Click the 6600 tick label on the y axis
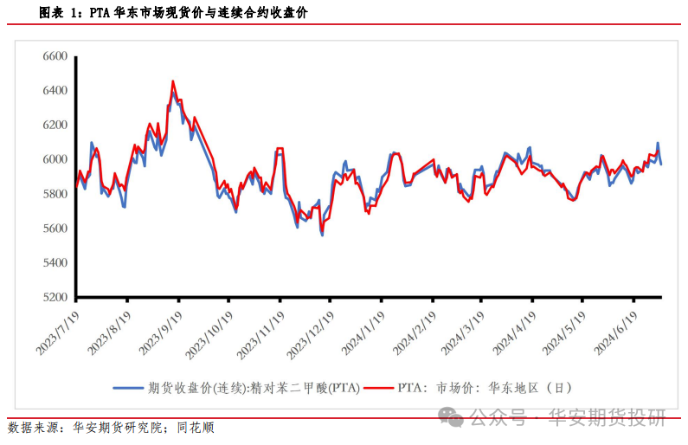pos(55,56)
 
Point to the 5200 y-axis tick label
pos(55,297)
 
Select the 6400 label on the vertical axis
pos(55,90)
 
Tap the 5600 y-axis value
pos(55,229)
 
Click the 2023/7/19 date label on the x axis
pos(57,332)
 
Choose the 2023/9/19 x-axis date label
pos(160,332)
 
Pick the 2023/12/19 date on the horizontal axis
pos(310,335)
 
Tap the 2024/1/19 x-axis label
pos(363,332)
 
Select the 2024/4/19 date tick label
pos(514,332)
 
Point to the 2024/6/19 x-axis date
pos(615,332)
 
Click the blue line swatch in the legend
pos(128,388)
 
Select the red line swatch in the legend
pos(379,388)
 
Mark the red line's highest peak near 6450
pos(173,81)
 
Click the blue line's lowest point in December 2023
pos(323,235)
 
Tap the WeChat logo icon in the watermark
pos(451,416)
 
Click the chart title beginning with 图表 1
pos(173,13)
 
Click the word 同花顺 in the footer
pos(196,428)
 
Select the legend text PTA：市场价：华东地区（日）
pos(485,388)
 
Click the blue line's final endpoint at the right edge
pos(661,164)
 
